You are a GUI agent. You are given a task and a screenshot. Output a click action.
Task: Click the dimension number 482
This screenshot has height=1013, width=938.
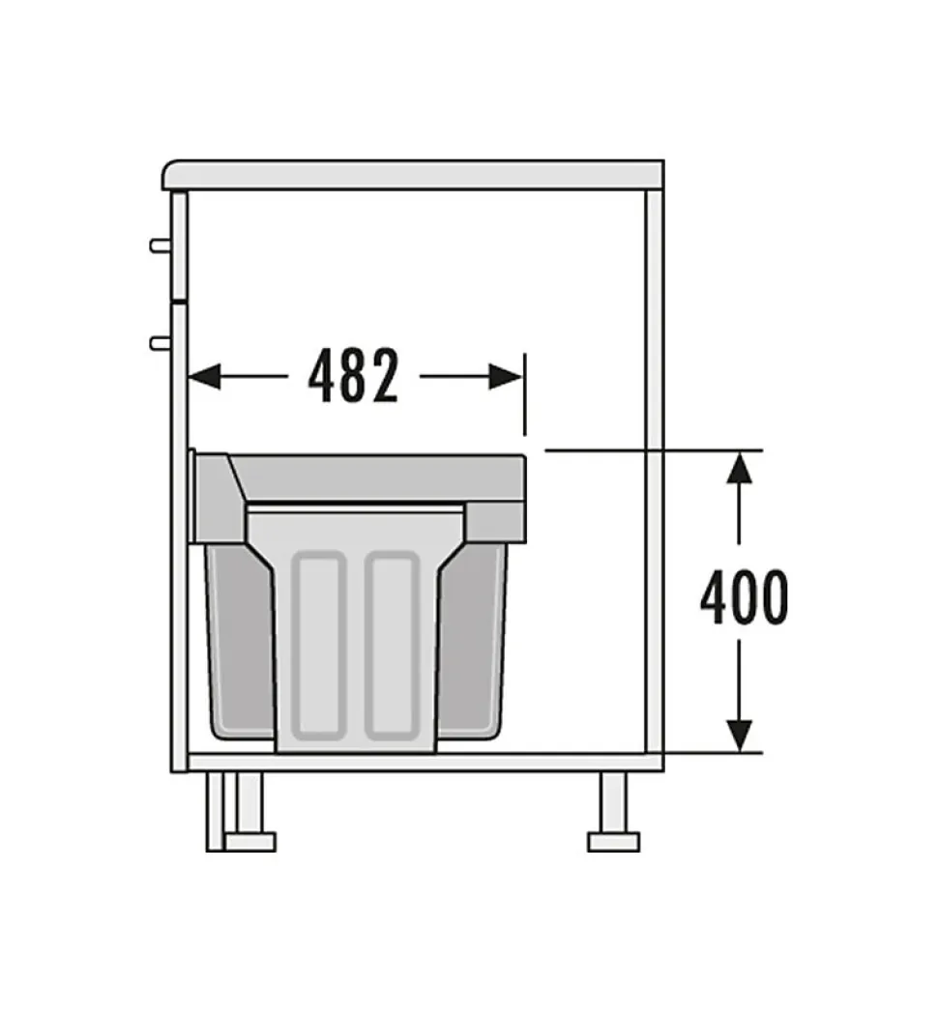353,376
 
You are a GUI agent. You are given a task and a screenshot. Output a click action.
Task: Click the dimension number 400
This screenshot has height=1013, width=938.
744,599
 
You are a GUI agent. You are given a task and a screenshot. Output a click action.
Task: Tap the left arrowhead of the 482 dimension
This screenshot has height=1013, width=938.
204,376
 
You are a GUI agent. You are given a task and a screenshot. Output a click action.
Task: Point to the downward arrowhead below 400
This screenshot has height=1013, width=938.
740,735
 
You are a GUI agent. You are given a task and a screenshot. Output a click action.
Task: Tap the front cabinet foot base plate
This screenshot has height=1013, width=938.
249,841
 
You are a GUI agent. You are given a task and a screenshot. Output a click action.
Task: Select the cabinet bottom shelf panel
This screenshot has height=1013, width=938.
416,762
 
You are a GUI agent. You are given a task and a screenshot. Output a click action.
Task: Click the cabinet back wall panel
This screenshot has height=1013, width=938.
654,464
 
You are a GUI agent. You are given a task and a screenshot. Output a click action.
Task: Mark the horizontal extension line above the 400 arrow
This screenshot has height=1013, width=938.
658,450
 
